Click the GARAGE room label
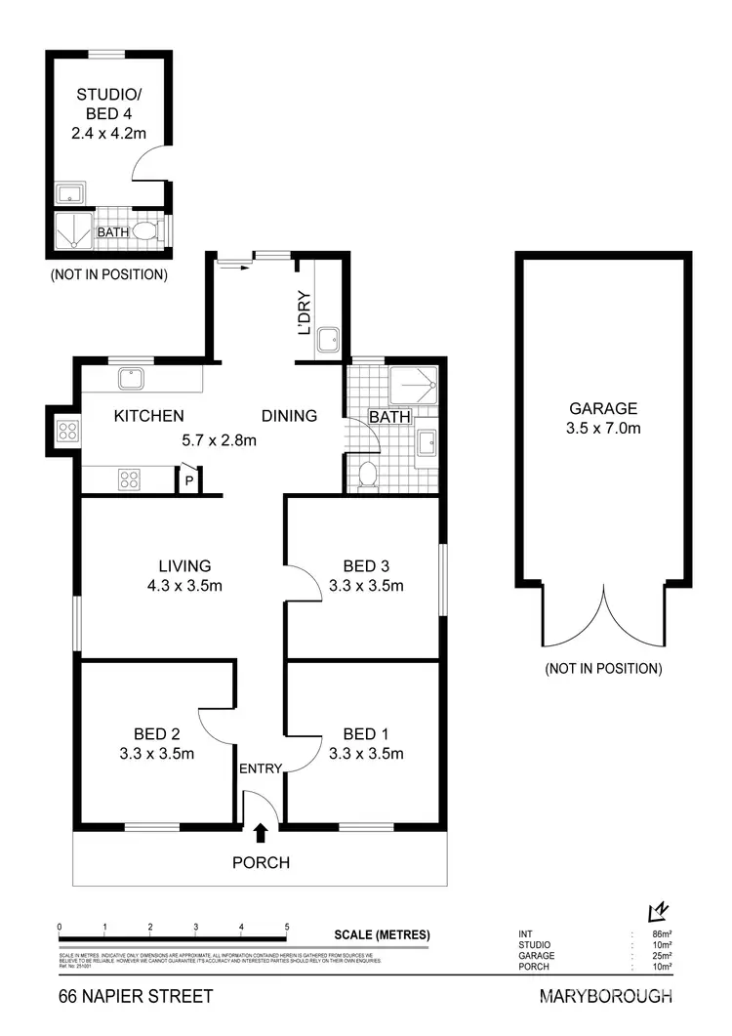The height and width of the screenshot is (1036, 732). point(604,409)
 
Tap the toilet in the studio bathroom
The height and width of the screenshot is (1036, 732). point(144,231)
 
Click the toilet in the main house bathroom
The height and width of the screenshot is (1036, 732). point(367,476)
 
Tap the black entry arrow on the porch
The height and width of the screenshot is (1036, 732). point(261,832)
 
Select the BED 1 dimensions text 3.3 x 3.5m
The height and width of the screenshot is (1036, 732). point(367,753)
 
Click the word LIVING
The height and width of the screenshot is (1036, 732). point(185,565)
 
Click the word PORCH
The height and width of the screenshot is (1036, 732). point(261,863)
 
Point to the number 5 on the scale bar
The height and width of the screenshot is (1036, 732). point(286,926)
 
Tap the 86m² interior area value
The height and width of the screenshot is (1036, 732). point(663,934)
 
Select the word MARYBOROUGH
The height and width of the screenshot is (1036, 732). point(605,997)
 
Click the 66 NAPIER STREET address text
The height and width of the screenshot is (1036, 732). point(134,997)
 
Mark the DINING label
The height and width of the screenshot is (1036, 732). point(290,416)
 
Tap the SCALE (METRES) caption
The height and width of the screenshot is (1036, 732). point(382,934)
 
